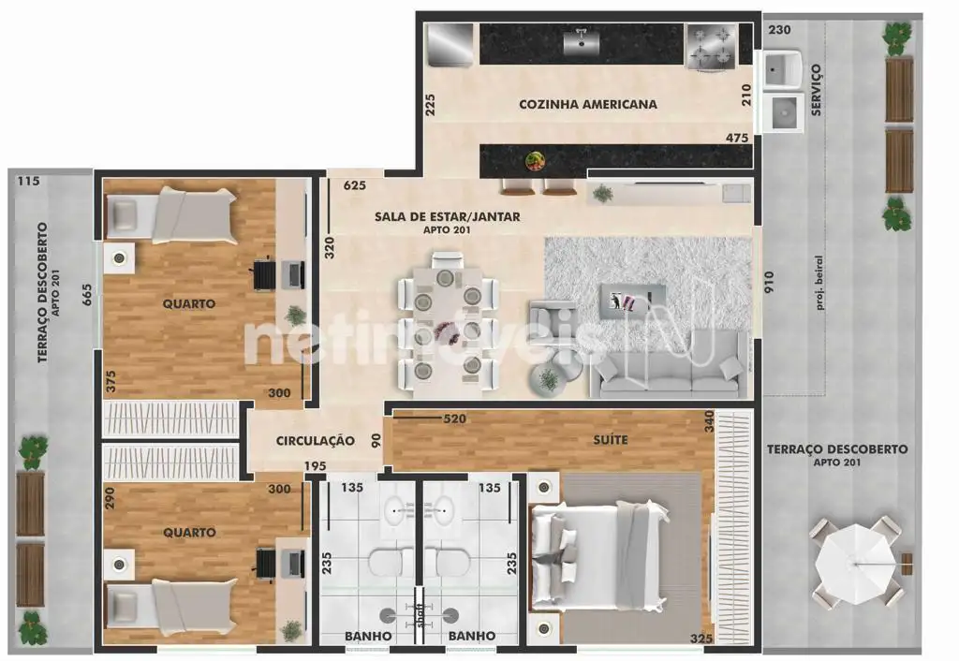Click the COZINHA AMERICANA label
coord(588,104)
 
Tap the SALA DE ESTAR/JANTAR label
coord(447,216)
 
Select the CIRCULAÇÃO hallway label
coord(315,441)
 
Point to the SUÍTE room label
coord(611,440)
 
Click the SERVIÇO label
coord(816,90)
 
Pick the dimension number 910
coord(769,281)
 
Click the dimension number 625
coord(355,184)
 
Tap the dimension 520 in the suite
coord(454,419)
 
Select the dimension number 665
coord(87,295)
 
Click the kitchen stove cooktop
coord(712,47)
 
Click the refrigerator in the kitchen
coord(450,44)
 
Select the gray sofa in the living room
coord(669,365)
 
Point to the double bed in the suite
coord(599,556)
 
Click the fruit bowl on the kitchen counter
coord(535,161)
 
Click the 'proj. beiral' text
coord(819,283)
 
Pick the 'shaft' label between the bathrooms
coord(420,615)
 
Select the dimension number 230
coord(779,29)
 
